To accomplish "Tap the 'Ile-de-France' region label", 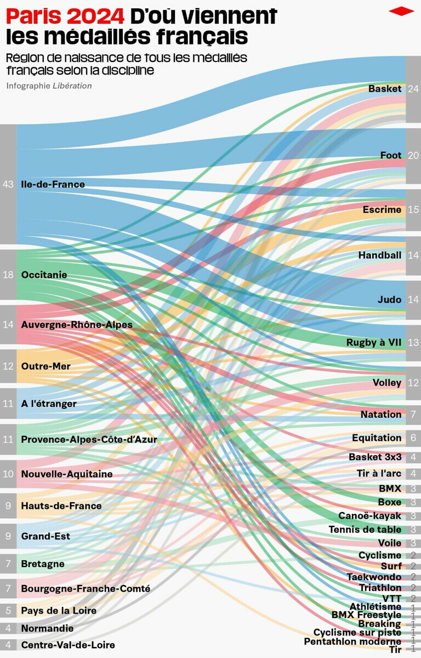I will point(53,184).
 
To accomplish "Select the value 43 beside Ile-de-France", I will point(8,184).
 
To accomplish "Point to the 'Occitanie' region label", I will point(44,275).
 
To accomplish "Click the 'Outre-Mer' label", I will point(45,366).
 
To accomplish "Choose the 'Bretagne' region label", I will point(43,564).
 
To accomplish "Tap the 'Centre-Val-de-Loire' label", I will point(68,645).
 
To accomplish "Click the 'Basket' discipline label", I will point(385,88).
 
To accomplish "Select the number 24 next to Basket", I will point(413,89).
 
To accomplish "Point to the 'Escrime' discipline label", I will point(382,209).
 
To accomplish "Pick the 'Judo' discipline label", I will point(389,300).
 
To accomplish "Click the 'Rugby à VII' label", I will point(374,343).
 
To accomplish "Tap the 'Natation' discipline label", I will point(380,415).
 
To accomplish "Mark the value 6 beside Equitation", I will point(413,438).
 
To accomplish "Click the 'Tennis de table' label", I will point(365,530).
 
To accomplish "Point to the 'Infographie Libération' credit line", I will point(49,86).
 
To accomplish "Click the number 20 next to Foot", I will point(413,156).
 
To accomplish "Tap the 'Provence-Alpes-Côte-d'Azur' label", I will point(89,439).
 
